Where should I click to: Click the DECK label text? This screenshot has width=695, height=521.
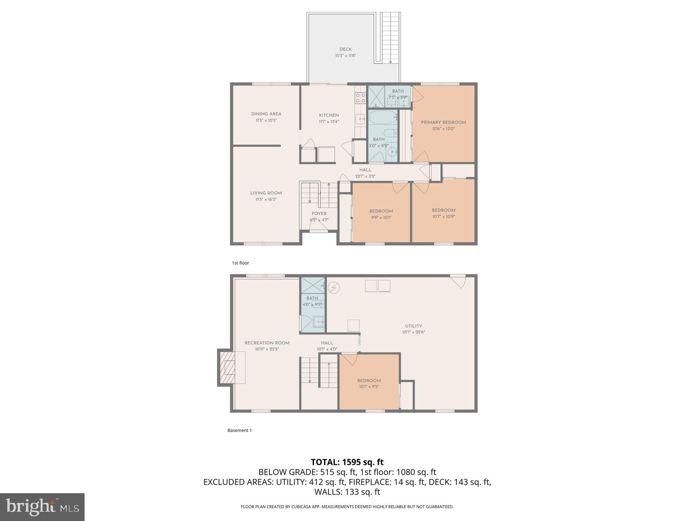tap(345, 49)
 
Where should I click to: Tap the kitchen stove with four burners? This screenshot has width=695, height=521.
tap(360, 98)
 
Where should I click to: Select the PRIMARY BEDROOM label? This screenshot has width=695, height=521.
tap(443, 122)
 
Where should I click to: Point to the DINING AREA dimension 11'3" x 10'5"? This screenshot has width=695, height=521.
tap(266, 120)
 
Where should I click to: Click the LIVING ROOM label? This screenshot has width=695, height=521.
tap(266, 193)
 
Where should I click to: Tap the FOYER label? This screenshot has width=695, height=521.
tap(319, 213)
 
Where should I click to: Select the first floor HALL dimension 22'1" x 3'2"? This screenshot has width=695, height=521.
tap(365, 176)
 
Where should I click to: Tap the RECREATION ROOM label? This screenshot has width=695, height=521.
tap(267, 343)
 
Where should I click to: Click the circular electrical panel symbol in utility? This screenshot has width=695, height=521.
tap(333, 288)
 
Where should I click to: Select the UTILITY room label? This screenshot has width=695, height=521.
tap(414, 326)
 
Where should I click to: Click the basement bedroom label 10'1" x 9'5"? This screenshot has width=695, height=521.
tap(369, 386)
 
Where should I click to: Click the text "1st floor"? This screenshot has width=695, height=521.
tap(240, 263)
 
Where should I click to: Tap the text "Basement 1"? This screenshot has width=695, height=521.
tap(239, 430)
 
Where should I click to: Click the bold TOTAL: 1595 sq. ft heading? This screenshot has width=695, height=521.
tap(347, 462)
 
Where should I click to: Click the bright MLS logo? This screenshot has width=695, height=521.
tap(42, 507)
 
